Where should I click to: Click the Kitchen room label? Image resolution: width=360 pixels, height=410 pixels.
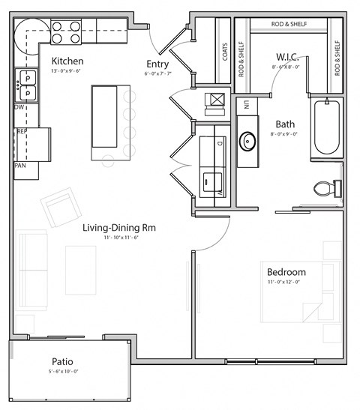click(x=67, y=61)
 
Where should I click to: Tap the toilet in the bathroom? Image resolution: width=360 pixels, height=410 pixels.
click(x=326, y=187)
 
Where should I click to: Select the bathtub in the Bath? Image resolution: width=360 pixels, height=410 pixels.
click(x=327, y=127)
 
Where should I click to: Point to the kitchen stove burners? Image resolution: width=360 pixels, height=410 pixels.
click(x=66, y=31)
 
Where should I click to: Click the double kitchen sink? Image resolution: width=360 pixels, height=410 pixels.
click(x=26, y=84)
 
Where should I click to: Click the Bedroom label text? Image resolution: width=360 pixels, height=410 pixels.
click(x=286, y=271)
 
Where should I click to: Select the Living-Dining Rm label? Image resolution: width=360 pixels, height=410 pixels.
click(x=119, y=227)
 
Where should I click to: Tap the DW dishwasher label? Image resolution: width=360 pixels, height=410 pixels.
click(x=19, y=107)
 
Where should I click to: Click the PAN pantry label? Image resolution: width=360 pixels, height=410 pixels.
click(x=21, y=165)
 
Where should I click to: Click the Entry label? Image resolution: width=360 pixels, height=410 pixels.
click(x=157, y=64)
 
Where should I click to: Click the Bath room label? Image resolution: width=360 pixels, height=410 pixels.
click(x=285, y=124)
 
